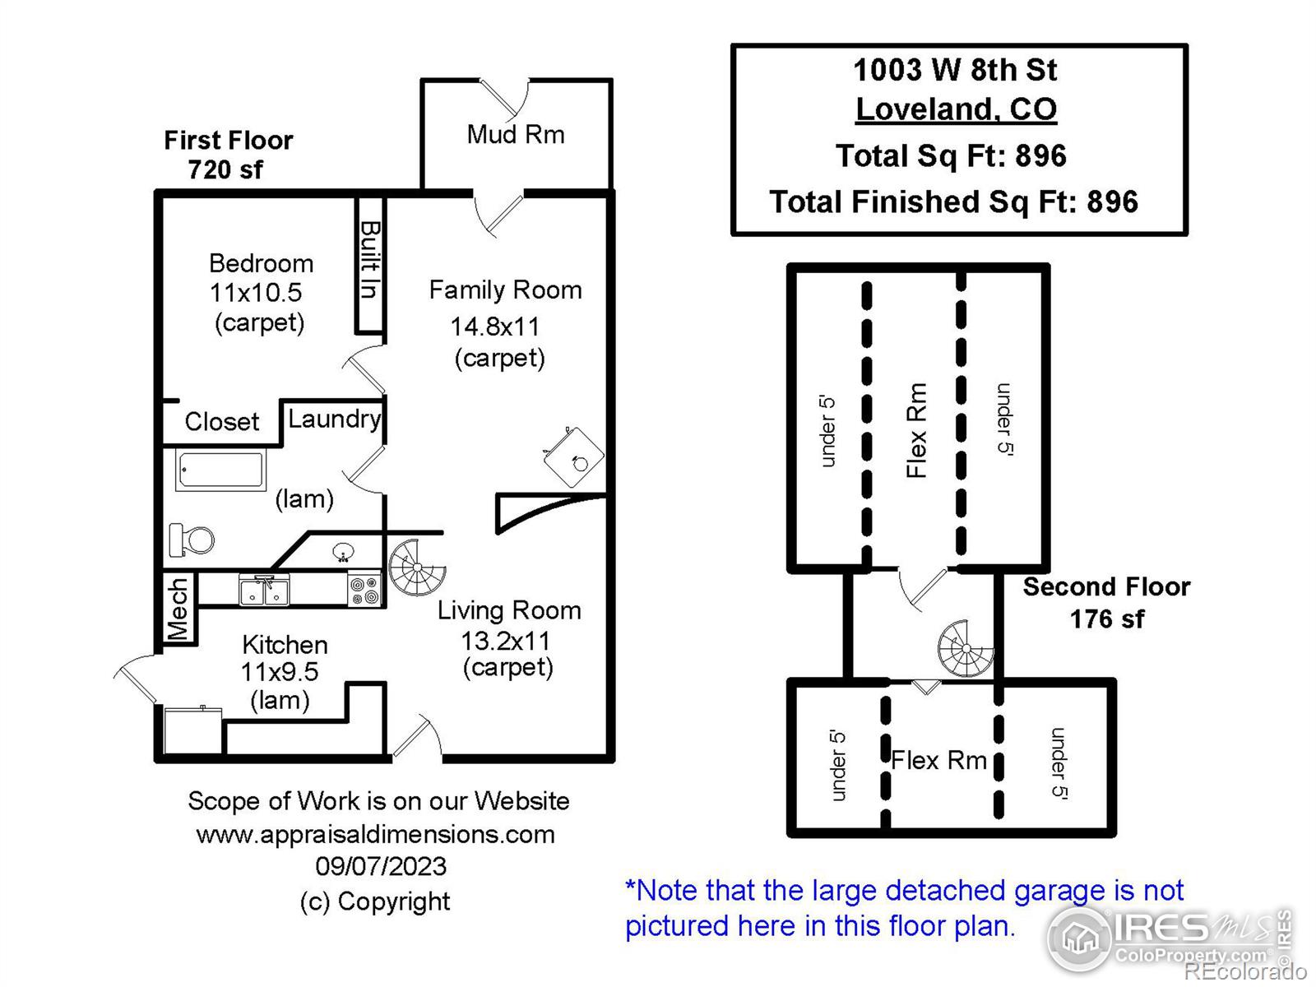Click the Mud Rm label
click(x=516, y=134)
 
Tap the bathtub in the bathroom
click(x=221, y=470)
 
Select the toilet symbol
click(x=192, y=540)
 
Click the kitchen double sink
click(x=264, y=590)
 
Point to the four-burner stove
click(x=364, y=589)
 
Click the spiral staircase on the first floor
click(x=418, y=567)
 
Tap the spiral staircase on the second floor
click(x=966, y=649)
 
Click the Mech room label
click(x=178, y=609)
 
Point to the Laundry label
click(x=335, y=419)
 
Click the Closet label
click(x=222, y=421)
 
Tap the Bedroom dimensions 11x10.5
click(x=256, y=293)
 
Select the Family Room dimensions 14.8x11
click(x=495, y=327)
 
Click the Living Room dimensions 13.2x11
click(x=505, y=642)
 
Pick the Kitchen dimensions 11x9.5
click(x=280, y=672)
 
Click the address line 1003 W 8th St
click(x=956, y=70)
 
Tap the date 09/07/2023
click(x=382, y=867)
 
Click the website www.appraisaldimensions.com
click(x=376, y=834)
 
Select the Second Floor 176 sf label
click(x=1107, y=603)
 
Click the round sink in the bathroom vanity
click(x=343, y=552)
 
